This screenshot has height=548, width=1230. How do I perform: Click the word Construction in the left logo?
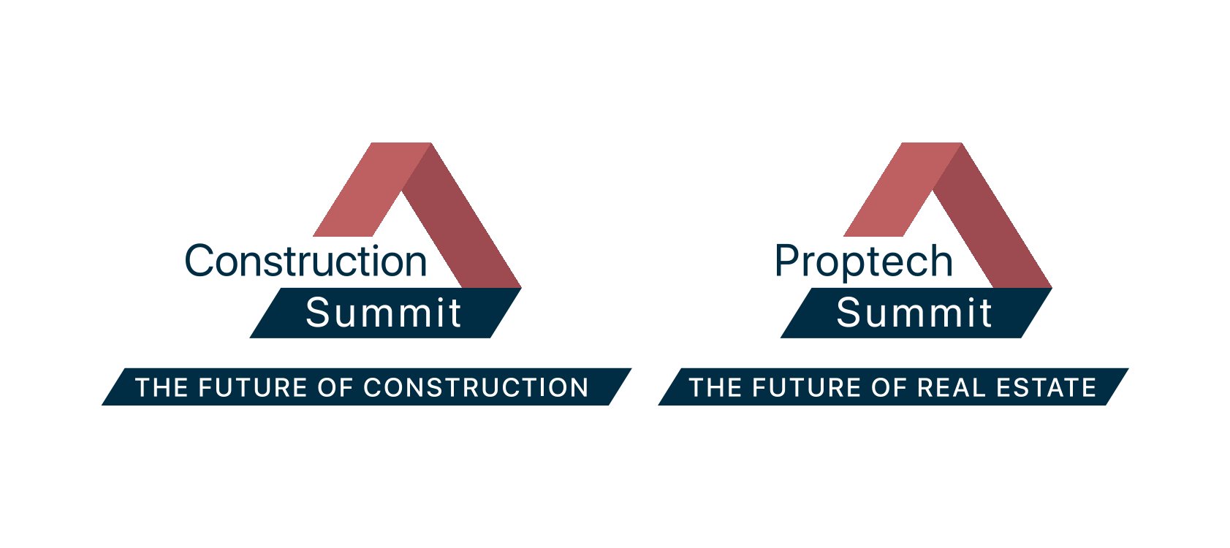pos(305,261)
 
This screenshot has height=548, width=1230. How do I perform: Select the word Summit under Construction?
pos(383,313)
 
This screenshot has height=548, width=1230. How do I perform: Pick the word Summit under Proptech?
pos(914,313)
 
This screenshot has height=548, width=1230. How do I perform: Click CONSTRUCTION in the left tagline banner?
pos(476,388)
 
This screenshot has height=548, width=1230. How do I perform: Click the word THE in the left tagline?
pos(162,388)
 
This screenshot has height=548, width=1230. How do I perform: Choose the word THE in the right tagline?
pos(715,388)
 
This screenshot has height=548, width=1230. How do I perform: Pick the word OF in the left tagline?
pos(335,388)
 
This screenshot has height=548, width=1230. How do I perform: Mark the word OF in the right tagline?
pos(889,388)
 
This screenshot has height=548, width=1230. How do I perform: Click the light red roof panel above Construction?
pos(372,189)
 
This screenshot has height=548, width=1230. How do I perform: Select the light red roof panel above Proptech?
pos(903,189)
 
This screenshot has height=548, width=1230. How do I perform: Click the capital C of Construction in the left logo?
pos(199,261)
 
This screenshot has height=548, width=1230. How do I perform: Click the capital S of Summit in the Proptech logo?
pos(849,313)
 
